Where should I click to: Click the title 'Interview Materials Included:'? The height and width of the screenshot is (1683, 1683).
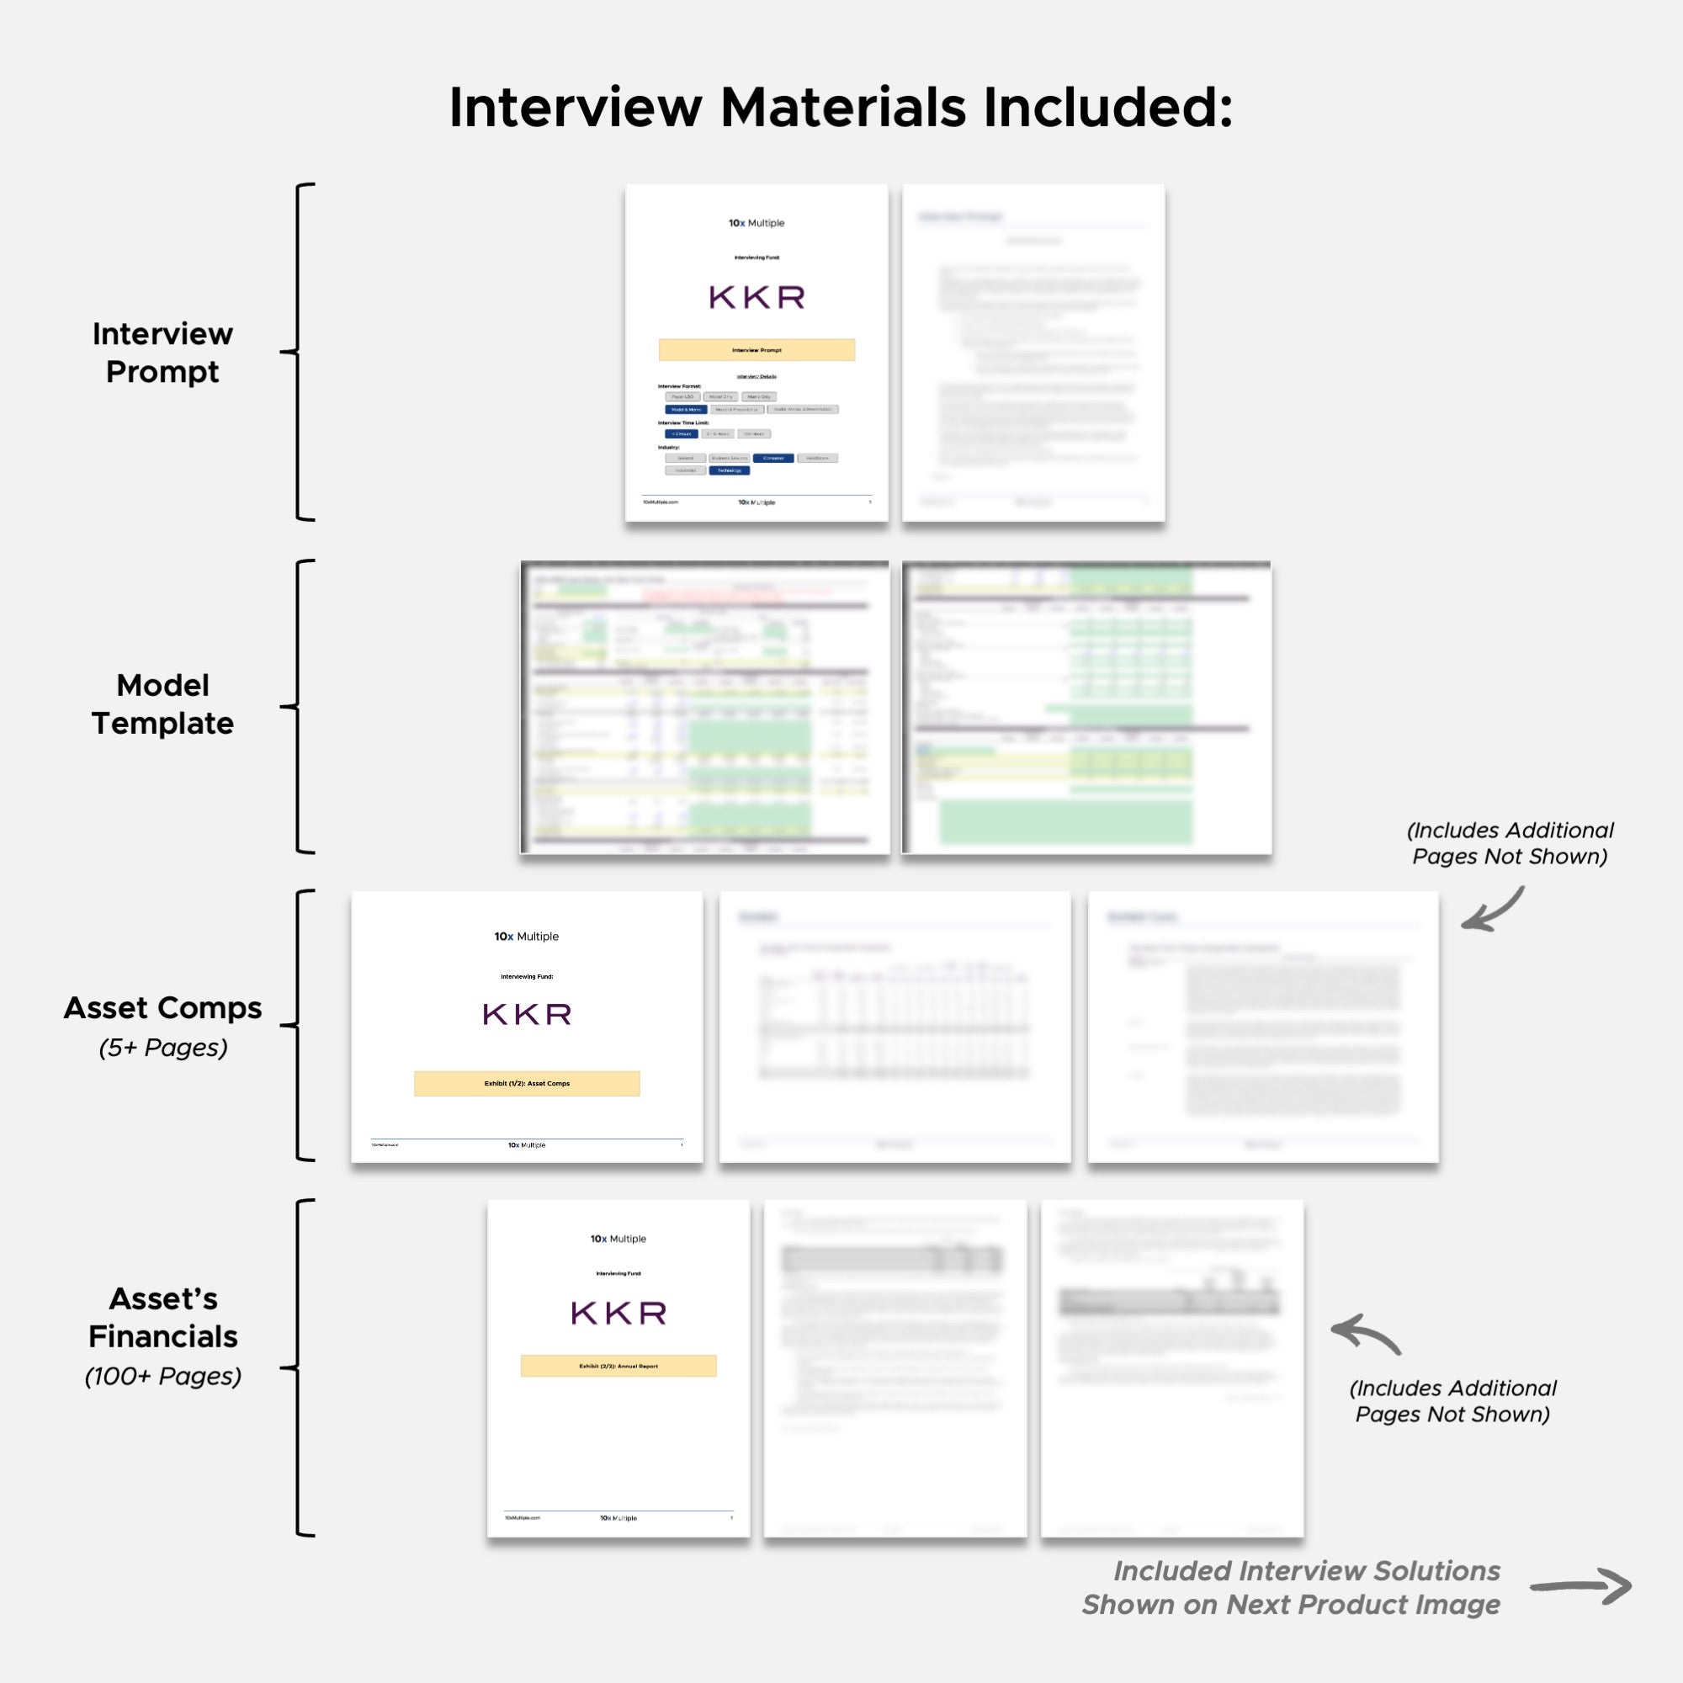click(x=841, y=108)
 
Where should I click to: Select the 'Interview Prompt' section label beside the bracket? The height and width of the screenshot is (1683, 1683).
click(x=163, y=352)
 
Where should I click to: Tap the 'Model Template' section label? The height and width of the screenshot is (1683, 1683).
click(x=163, y=703)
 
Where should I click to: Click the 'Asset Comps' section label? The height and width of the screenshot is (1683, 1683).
click(x=163, y=1008)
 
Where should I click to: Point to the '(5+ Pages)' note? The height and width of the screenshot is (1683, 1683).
click(x=163, y=1047)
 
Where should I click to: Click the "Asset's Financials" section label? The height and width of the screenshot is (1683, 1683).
click(x=163, y=1317)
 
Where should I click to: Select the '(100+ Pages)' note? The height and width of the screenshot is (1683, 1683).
click(x=163, y=1377)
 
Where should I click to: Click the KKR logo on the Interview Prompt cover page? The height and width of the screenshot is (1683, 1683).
click(x=757, y=298)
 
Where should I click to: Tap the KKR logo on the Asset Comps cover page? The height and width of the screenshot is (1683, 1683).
click(x=527, y=1014)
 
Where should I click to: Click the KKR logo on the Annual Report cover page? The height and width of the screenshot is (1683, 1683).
click(x=619, y=1313)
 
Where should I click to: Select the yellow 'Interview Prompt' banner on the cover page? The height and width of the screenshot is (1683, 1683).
click(x=757, y=349)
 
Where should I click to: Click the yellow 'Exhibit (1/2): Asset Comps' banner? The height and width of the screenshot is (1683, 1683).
click(x=527, y=1083)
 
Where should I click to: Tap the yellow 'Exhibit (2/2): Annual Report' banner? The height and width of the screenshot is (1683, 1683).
click(x=619, y=1365)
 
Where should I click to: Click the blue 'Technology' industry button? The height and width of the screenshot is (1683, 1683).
click(x=729, y=470)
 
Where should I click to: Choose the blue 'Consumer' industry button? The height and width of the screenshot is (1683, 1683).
click(x=773, y=459)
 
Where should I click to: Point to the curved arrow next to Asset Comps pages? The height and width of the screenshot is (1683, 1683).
click(x=1493, y=911)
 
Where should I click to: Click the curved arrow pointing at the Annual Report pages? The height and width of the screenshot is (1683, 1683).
click(x=1365, y=1334)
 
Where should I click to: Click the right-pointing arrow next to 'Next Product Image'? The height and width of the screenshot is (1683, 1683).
click(x=1580, y=1586)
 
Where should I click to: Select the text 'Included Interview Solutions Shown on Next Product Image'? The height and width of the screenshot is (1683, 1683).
click(x=1291, y=1587)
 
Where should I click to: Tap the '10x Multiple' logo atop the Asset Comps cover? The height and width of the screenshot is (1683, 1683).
click(x=527, y=937)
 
